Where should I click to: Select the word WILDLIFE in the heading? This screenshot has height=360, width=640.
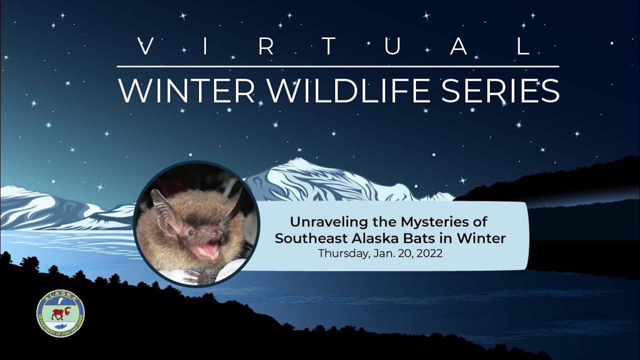(339, 90)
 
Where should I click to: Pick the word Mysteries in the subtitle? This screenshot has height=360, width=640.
(432, 221)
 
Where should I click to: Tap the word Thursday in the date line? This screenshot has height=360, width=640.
(343, 253)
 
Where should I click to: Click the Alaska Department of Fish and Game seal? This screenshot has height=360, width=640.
(60, 313)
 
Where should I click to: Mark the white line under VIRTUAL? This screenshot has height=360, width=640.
(338, 66)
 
